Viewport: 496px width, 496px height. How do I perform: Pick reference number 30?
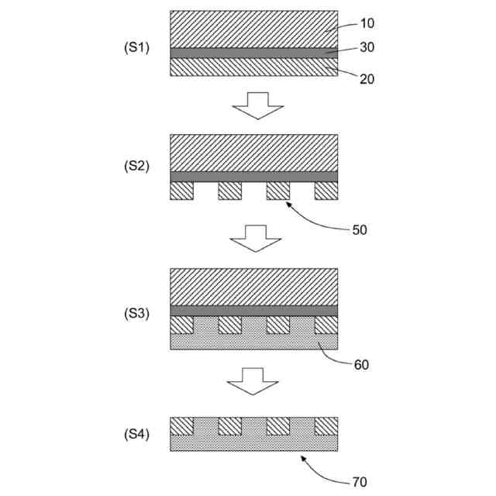(367, 47)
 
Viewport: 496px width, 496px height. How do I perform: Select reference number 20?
(367, 78)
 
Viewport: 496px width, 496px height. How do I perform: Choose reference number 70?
(359, 482)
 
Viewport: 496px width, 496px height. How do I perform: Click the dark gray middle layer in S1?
(253, 53)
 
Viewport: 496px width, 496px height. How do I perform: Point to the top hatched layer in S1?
(253, 29)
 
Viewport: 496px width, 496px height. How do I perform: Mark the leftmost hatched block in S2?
(181, 191)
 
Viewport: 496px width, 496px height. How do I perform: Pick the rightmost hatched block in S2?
(325, 191)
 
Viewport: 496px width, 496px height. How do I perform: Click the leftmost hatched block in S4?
(181, 426)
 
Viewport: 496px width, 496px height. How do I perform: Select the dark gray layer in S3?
(253, 311)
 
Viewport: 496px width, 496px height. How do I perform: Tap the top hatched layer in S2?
(253, 153)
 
